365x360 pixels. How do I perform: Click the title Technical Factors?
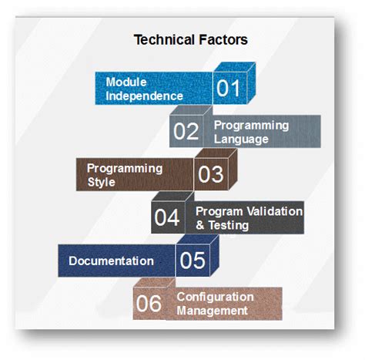pyautogui.click(x=190, y=39)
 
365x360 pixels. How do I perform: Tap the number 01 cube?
pyautogui.click(x=228, y=89)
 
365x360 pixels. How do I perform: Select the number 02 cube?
pyautogui.click(x=186, y=131)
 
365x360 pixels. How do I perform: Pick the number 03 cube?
pyautogui.click(x=210, y=174)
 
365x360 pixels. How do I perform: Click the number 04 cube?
pyautogui.click(x=167, y=218)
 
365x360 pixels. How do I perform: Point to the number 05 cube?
pyautogui.click(x=193, y=261)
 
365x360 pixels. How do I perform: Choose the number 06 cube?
pyautogui.click(x=149, y=304)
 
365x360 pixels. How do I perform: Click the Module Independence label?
pyautogui.click(x=144, y=89)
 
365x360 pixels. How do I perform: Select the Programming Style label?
pyautogui.click(x=124, y=175)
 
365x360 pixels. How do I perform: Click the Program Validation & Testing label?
pyautogui.click(x=249, y=218)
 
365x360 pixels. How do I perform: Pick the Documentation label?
pyautogui.click(x=111, y=261)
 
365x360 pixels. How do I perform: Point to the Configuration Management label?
pyautogui.click(x=215, y=304)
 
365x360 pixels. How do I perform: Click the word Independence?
pyautogui.click(x=144, y=96)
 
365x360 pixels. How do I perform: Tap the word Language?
pyautogui.click(x=240, y=140)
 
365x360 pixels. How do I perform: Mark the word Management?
pyautogui.click(x=212, y=311)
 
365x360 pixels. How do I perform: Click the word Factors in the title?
pyautogui.click(x=221, y=39)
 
